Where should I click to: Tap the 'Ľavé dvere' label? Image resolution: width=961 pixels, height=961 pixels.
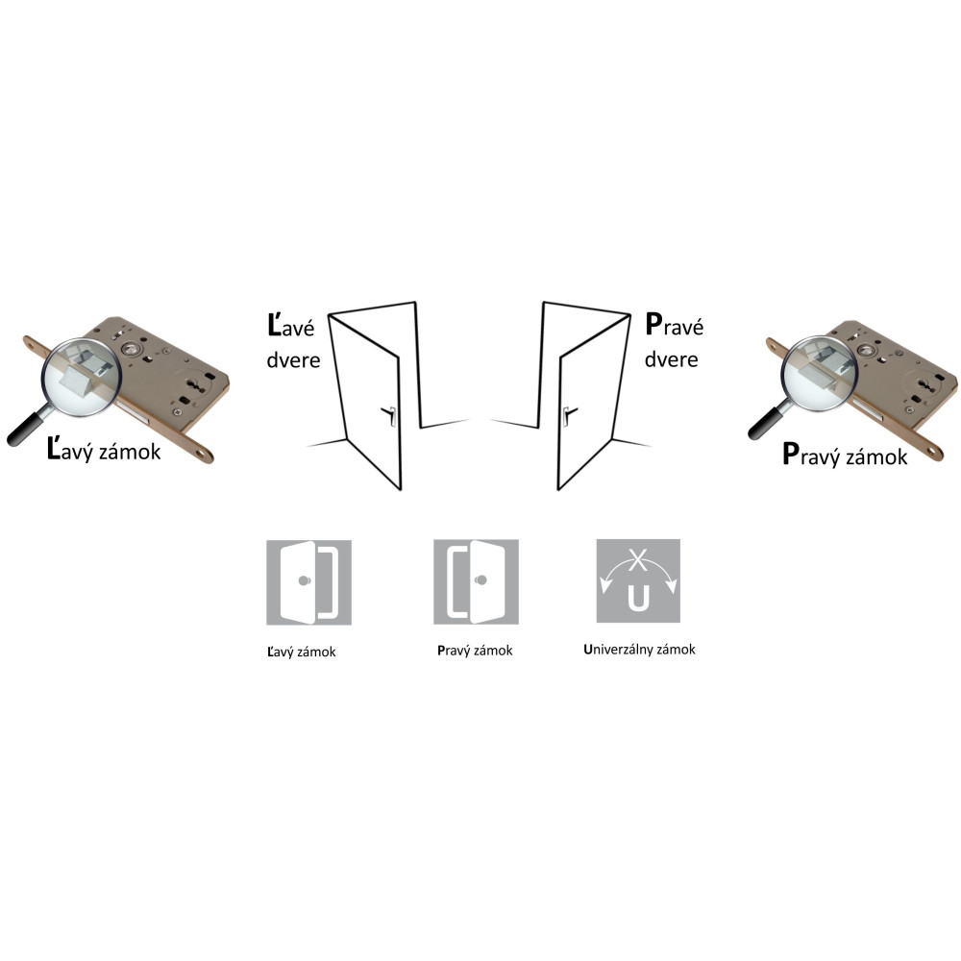tap(293, 342)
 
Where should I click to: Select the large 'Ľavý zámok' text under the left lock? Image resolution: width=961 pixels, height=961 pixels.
tap(104, 451)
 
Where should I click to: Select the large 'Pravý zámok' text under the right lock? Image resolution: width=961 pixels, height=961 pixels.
tap(845, 456)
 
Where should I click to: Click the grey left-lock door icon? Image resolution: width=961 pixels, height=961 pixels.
tap(308, 582)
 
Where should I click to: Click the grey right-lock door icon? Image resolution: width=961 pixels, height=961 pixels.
tap(477, 581)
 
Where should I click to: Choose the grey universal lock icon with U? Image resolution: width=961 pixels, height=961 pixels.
tap(638, 581)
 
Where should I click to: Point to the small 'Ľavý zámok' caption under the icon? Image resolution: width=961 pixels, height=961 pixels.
tap(302, 653)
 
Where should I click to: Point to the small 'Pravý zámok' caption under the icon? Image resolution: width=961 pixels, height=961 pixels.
tap(475, 651)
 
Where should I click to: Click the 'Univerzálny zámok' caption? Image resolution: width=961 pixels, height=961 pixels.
tap(639, 650)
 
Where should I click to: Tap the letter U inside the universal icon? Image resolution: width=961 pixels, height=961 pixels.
tap(638, 598)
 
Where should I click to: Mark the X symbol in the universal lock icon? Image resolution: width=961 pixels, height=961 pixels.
tap(638, 559)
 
